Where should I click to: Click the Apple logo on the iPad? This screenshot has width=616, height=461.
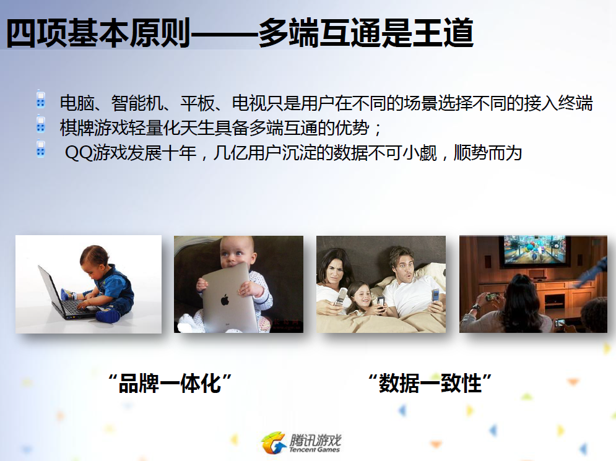(225, 300)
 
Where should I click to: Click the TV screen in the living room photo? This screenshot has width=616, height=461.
(534, 249)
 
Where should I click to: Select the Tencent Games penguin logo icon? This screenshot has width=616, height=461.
(273, 443)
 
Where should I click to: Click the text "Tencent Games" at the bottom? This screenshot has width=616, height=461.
(315, 450)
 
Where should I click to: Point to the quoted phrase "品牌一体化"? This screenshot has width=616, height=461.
(170, 383)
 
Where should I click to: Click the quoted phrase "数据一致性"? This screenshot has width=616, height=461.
(430, 383)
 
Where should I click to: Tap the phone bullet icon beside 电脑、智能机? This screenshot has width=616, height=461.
(40, 100)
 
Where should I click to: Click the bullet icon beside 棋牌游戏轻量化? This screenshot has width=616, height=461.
(40, 124)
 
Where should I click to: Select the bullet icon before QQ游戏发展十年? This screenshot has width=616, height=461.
(40, 149)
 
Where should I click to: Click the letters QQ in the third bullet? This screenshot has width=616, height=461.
(79, 153)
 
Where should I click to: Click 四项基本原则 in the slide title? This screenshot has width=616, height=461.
(98, 33)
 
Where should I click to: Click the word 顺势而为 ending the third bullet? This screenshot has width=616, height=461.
(487, 153)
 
